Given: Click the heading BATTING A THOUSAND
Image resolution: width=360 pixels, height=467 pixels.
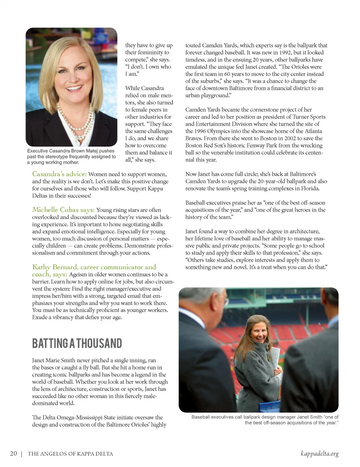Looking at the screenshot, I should [77, 343].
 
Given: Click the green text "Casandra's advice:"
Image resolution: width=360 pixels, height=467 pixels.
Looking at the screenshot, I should [59, 174].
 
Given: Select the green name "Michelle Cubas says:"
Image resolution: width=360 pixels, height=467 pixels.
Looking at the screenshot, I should [63, 210].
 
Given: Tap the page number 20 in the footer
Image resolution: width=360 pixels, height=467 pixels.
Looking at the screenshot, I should [13, 453].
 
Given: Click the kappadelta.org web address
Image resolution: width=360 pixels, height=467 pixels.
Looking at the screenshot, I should [319, 453].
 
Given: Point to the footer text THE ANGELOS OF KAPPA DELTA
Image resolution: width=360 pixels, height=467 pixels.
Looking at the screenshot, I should [70, 454].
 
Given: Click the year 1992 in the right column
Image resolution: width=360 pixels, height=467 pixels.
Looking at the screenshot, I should [285, 53].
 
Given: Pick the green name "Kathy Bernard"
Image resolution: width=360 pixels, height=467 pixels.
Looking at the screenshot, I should [55, 267].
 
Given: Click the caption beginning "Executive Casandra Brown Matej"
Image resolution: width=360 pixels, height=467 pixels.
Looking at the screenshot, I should [71, 156].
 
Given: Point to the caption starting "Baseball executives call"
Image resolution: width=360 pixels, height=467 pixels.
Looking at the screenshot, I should [265, 420].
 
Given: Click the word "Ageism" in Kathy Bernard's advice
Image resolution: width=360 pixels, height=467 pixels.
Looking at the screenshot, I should [78, 275].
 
